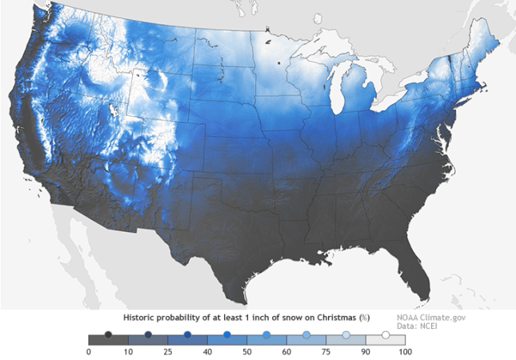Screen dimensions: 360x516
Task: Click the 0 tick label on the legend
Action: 89,350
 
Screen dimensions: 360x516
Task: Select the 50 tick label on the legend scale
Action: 247,350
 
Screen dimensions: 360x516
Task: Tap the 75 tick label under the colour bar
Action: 326,350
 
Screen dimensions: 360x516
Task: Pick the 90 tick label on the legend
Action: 366,350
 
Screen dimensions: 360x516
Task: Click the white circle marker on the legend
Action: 386,336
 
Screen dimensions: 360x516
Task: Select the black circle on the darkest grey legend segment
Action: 109,336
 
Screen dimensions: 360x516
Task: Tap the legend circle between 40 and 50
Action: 227,336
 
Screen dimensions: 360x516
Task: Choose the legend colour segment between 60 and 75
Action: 306,339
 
